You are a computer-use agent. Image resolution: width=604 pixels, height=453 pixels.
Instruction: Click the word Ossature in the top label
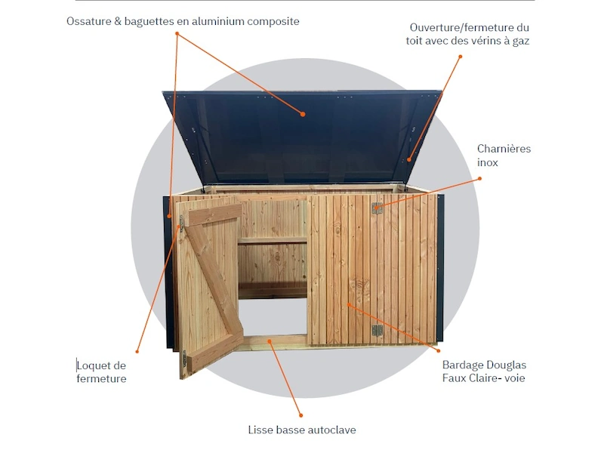89,21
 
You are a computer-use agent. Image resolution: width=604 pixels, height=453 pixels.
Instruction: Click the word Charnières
504,149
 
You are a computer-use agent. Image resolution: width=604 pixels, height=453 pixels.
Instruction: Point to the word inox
487,162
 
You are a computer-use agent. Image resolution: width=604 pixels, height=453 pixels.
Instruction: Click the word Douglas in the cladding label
506,365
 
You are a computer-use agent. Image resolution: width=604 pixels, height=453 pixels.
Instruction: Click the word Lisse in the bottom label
259,430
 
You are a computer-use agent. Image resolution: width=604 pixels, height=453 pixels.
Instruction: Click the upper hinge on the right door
377,208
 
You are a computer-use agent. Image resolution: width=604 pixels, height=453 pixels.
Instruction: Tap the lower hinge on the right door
377,331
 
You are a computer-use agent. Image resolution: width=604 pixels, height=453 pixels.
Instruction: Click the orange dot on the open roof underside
303,114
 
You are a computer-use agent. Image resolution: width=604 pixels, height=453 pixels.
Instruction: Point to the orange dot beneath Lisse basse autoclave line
300,415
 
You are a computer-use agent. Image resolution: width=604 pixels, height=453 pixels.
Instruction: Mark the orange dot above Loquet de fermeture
137,351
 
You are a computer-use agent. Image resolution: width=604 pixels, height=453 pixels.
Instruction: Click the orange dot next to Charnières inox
479,179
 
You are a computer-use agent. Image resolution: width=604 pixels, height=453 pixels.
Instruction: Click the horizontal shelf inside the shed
272,241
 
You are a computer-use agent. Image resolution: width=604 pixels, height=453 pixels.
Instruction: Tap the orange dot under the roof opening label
460,57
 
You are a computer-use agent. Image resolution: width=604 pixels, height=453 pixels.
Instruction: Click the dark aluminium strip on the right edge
440,268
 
